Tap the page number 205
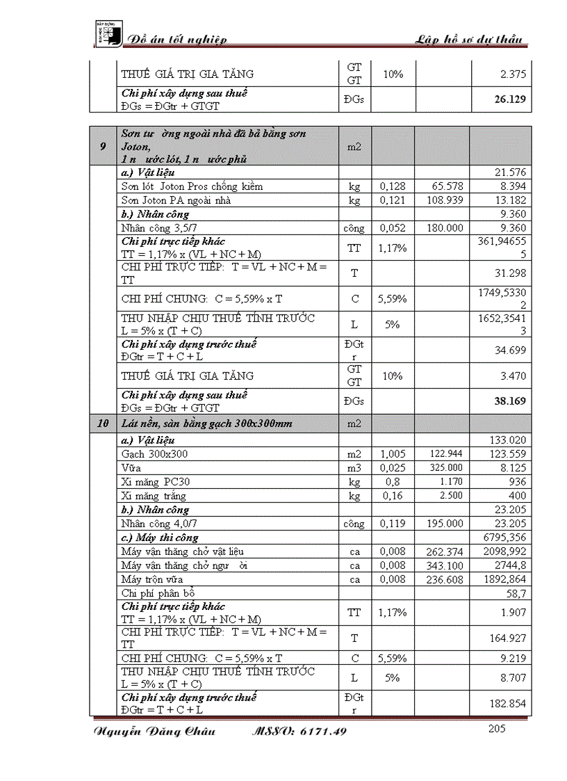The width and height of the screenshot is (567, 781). [x=497, y=728]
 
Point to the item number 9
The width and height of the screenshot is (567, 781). [x=103, y=146]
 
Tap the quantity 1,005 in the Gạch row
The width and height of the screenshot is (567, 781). [x=393, y=453]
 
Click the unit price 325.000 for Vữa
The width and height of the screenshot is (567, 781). [x=445, y=467]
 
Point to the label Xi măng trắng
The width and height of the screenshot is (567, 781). [x=154, y=496]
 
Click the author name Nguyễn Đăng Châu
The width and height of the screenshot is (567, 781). [x=154, y=731]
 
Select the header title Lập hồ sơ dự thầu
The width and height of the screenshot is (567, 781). [x=469, y=40]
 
